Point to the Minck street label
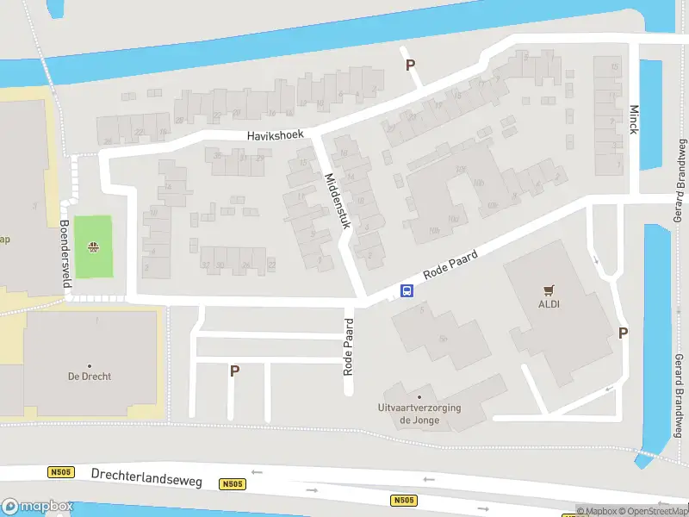tap(634, 120)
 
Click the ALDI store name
tap(549, 303)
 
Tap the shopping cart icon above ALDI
tap(549, 290)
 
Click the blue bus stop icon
tap(407, 291)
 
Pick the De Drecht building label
tap(90, 377)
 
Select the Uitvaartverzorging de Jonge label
tap(419, 414)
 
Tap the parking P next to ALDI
tap(623, 333)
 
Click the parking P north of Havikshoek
tap(410, 65)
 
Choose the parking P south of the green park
tap(233, 371)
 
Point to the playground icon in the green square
tap(92, 248)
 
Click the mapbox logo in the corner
tap(38, 507)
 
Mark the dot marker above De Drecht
tap(90, 366)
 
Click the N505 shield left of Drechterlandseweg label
tap(59, 472)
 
